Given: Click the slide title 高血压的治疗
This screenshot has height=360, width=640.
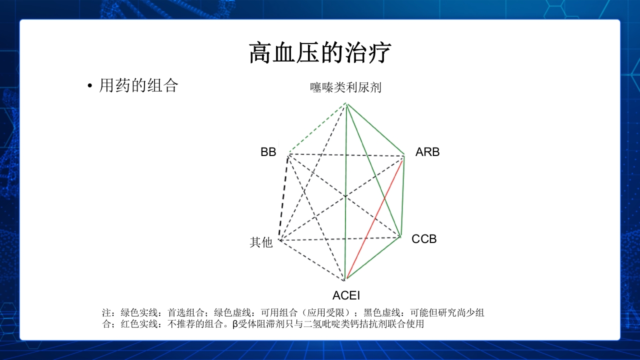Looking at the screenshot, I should point(320,53).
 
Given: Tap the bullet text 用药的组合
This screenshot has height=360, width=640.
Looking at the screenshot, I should point(138,85).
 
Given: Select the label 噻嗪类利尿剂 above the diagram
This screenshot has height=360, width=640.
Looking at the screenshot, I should point(345,87).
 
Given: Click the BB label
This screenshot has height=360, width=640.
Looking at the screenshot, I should point(268,152).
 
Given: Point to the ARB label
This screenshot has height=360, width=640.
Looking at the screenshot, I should point(427,152).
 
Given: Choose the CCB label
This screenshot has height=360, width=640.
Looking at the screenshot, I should point(424,239).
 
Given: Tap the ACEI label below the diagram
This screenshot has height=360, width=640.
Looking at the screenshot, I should point(346,295).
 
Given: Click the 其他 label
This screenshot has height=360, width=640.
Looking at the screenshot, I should point(261,242).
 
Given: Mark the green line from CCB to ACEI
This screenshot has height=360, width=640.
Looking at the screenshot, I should point(373,257).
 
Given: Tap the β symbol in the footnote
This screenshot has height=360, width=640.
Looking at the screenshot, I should point(235,324).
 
